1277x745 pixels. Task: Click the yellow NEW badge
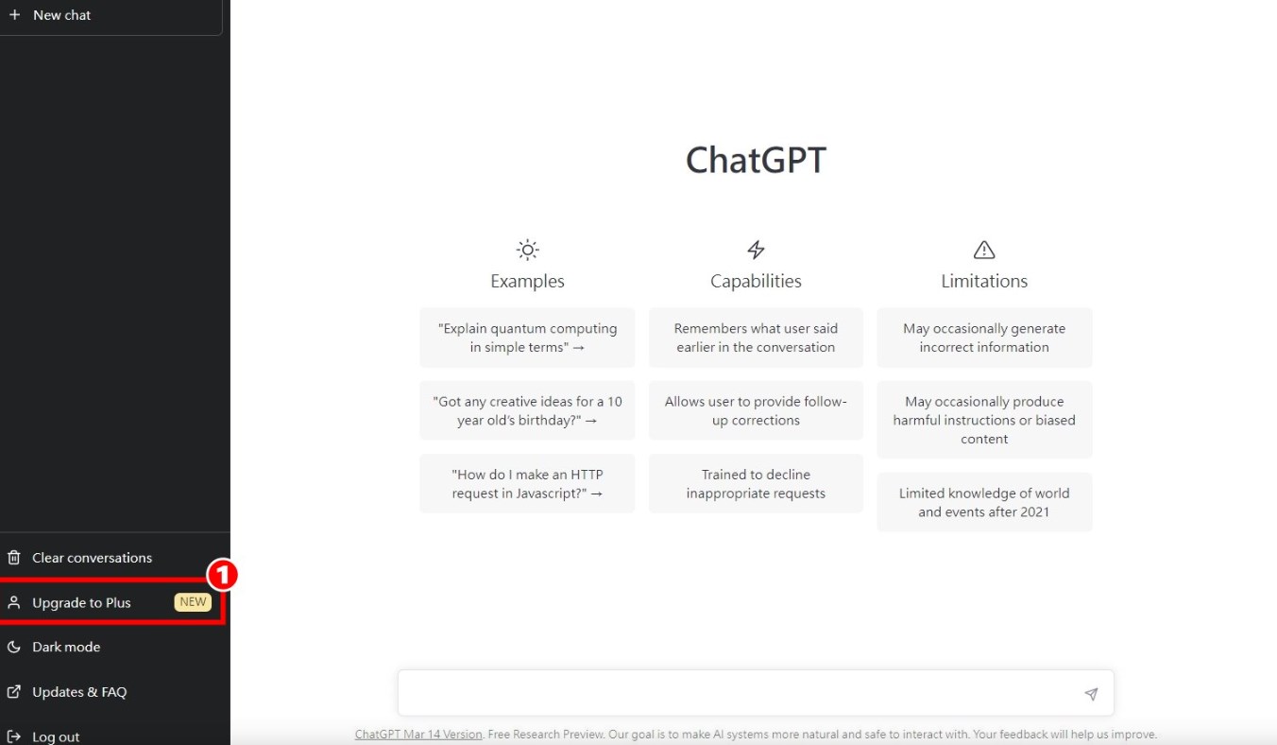pyautogui.click(x=193, y=602)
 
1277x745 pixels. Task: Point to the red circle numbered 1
pyautogui.click(x=222, y=575)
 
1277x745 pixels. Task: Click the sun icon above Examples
pyautogui.click(x=527, y=250)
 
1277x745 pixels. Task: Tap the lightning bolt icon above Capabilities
pyautogui.click(x=756, y=250)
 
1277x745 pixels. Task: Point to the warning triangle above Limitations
pyautogui.click(x=984, y=250)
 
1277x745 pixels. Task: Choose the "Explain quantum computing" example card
pyautogui.click(x=527, y=338)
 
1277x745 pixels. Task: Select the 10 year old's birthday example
pyautogui.click(x=527, y=410)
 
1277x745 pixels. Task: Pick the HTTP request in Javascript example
pyautogui.click(x=527, y=484)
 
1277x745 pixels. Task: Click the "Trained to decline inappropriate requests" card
pyautogui.click(x=756, y=484)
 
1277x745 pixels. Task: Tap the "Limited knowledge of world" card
pyautogui.click(x=984, y=502)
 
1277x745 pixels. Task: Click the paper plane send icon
pyautogui.click(x=1091, y=694)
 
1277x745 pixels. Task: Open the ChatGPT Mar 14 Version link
pyautogui.click(x=418, y=735)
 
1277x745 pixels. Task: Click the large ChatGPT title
pyautogui.click(x=756, y=160)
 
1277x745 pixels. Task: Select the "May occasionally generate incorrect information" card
pyautogui.click(x=984, y=338)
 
